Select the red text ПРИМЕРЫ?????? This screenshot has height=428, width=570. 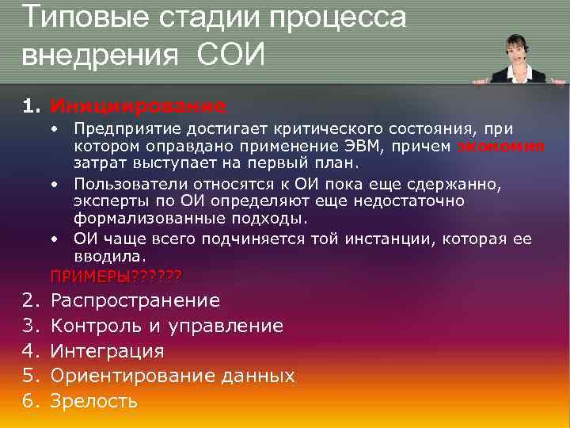pos(116,276)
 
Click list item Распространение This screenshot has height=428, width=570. pos(135,300)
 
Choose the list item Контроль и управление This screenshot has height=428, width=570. pos(166,326)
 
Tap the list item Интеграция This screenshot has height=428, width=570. pos(107,351)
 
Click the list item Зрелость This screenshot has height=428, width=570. pos(93,401)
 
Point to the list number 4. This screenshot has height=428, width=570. pos(29,351)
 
